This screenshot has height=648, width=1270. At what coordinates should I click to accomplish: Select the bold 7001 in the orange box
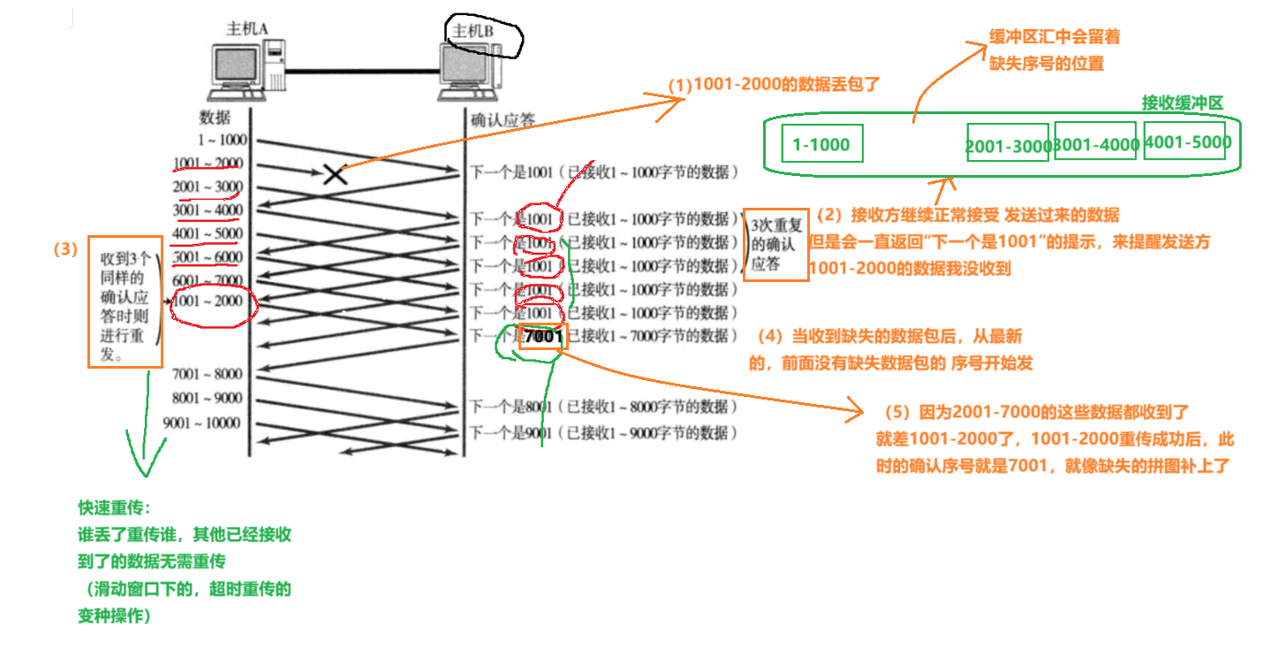542,336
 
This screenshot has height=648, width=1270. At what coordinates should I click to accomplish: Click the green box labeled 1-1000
821,144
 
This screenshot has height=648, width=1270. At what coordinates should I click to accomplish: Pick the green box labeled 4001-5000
1185,141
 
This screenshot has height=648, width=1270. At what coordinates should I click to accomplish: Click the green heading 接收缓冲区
1183,103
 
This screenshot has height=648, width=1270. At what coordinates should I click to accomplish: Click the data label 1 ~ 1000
223,140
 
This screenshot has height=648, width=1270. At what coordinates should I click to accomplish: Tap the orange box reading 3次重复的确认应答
775,244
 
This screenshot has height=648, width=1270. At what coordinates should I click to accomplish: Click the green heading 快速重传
114,509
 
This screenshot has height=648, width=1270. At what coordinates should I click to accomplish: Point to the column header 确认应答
503,119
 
